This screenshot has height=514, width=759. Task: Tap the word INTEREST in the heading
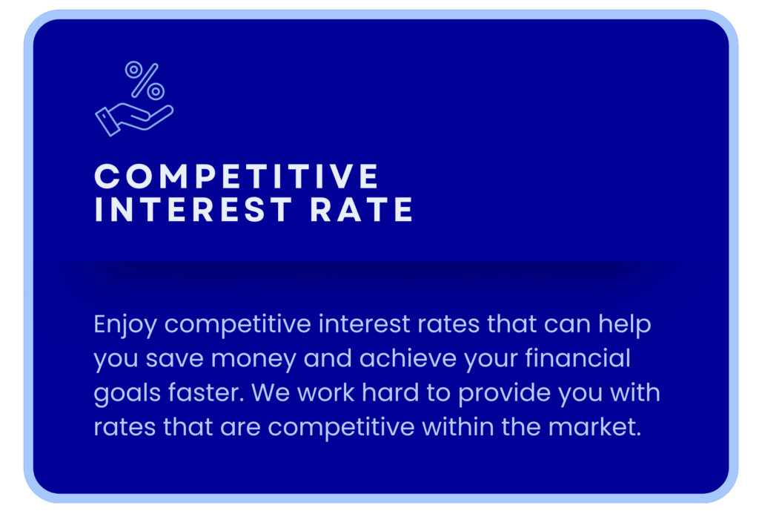[x=193, y=209]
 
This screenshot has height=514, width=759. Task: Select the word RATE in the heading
[x=361, y=209]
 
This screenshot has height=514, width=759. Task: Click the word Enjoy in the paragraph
[x=125, y=325]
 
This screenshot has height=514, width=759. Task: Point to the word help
[x=624, y=325]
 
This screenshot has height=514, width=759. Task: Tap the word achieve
[x=408, y=358]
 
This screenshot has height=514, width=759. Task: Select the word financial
[x=577, y=358]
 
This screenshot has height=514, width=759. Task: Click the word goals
[x=127, y=393]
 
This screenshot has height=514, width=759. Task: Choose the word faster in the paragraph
[x=206, y=393]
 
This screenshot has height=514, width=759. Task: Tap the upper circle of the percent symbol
[x=133, y=69]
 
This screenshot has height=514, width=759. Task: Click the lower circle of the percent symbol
[x=156, y=91]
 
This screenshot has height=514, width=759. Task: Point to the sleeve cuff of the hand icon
[x=107, y=122]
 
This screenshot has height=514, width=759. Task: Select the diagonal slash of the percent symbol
[x=145, y=80]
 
